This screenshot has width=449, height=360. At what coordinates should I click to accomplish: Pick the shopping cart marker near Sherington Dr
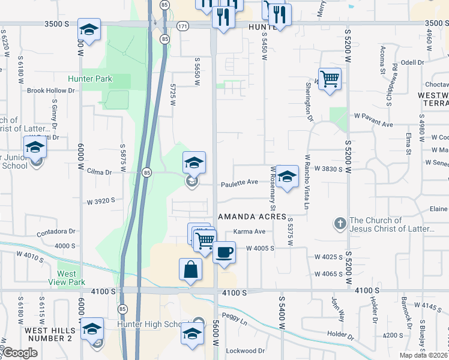[330, 79]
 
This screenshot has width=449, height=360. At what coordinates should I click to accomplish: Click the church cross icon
[340, 224]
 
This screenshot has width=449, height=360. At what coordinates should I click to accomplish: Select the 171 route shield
[183, 26]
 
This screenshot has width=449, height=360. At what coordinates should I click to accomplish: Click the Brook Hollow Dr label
[51, 91]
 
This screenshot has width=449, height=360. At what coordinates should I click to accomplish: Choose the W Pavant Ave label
[373, 124]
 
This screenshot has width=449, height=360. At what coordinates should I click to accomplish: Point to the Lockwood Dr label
[246, 350]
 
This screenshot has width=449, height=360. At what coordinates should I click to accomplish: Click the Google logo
[19, 353]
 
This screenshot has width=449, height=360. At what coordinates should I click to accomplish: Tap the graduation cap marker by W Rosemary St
[288, 177]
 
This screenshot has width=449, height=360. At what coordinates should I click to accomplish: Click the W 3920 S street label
[100, 201]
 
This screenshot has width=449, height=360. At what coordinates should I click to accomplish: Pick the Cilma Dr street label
[99, 172]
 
